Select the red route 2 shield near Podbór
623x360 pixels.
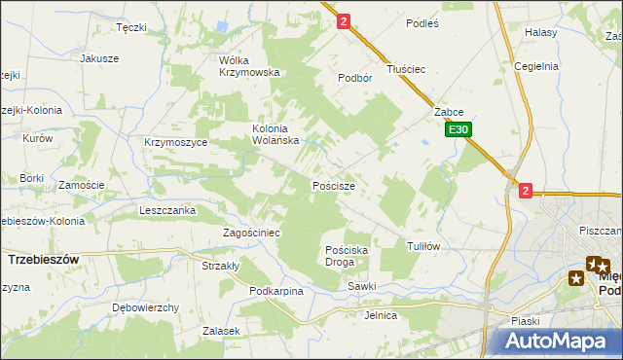click(x=344, y=19)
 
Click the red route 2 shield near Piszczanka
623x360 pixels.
click(x=526, y=191)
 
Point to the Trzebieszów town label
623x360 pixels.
click(x=43, y=260)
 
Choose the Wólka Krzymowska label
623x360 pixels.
click(x=250, y=65)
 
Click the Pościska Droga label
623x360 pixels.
click(x=347, y=256)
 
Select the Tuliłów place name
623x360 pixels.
click(x=423, y=246)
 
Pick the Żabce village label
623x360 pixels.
click(x=448, y=112)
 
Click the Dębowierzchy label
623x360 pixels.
click(x=146, y=307)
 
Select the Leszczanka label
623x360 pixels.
click(x=167, y=210)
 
